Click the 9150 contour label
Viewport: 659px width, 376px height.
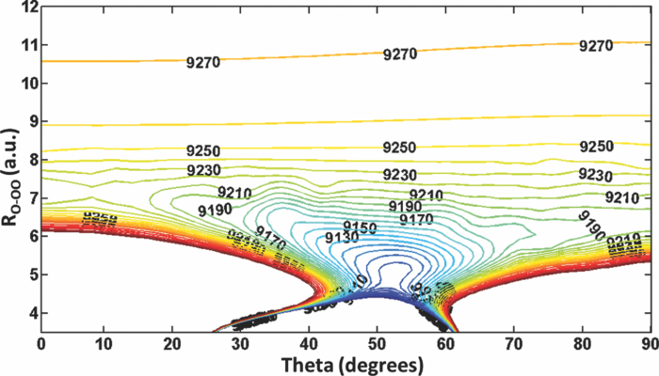pyautogui.click(x=360, y=227)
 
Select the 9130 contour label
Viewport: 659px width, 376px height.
pyautogui.click(x=342, y=238)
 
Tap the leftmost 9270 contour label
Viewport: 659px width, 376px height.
pyautogui.click(x=202, y=63)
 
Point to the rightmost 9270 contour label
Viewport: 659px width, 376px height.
pyautogui.click(x=595, y=45)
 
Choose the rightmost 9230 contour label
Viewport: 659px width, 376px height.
pyautogui.click(x=595, y=175)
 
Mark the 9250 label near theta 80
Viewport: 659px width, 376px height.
pyautogui.click(x=596, y=147)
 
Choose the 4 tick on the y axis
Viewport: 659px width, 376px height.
pyautogui.click(x=28, y=313)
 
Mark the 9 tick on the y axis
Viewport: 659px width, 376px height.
pyautogui.click(x=28, y=121)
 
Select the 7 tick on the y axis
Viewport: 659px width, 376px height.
pyautogui.click(x=28, y=198)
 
